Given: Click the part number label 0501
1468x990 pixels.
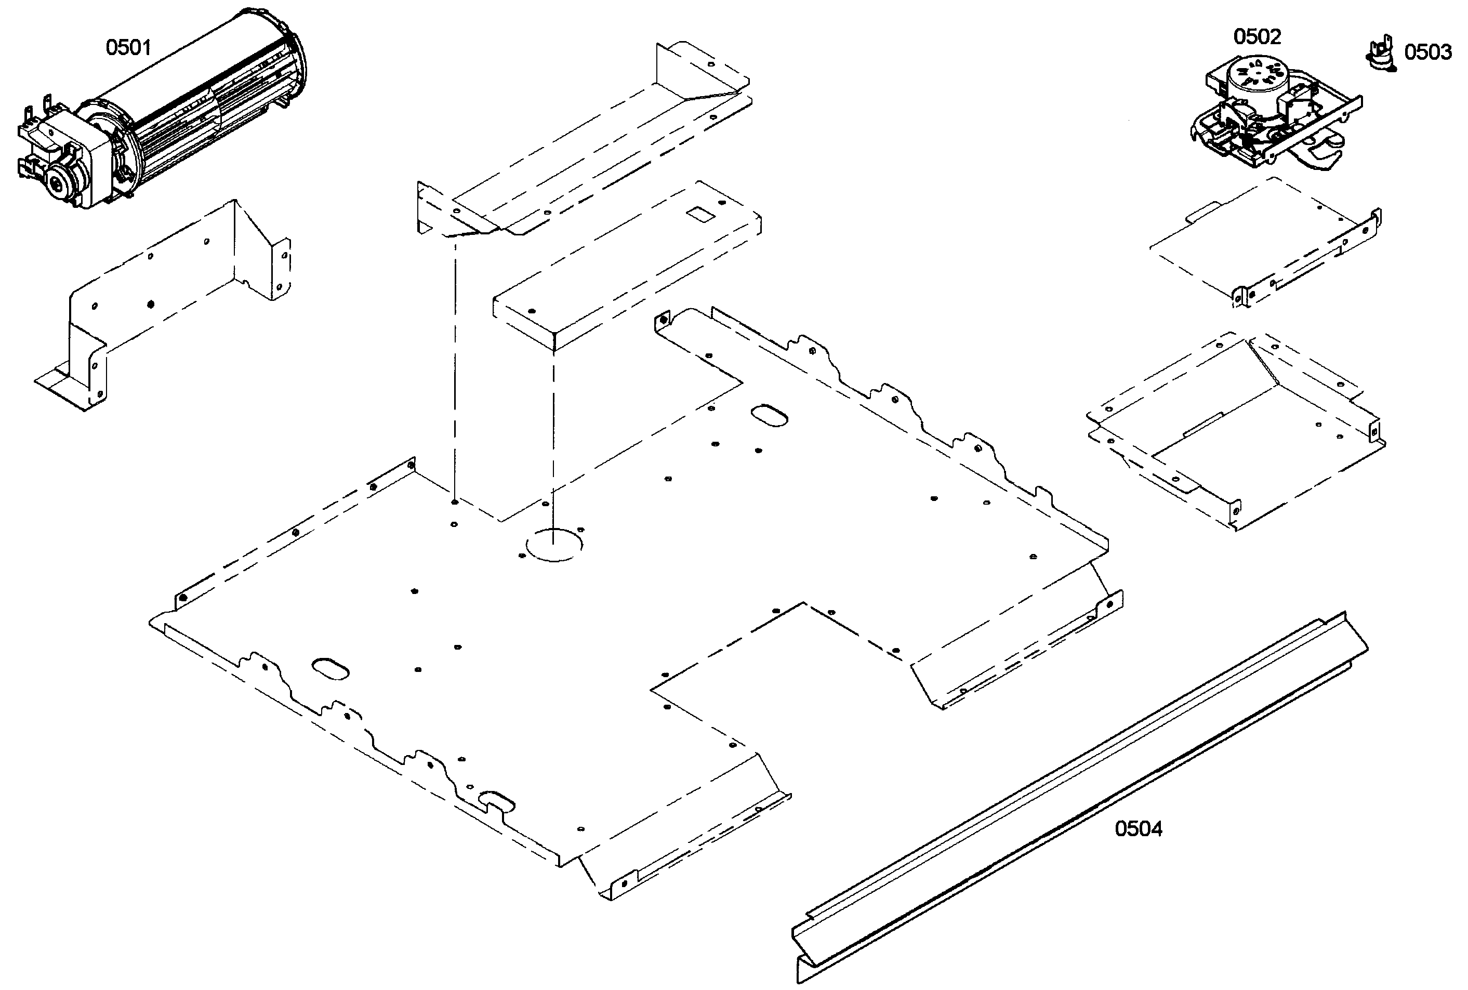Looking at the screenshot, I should click(128, 47).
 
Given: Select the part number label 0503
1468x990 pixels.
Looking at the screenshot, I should click(1427, 52).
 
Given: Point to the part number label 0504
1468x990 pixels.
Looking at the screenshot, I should click(1138, 828).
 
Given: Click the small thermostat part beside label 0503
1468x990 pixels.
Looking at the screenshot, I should click(1381, 52).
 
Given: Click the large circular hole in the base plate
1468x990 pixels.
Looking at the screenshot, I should click(554, 544).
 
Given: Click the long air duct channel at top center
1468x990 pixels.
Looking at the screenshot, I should click(587, 145).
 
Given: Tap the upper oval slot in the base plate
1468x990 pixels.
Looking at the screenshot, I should click(769, 415).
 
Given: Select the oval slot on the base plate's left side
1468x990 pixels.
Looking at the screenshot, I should click(331, 668).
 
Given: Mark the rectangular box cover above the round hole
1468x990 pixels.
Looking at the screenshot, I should click(625, 265).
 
